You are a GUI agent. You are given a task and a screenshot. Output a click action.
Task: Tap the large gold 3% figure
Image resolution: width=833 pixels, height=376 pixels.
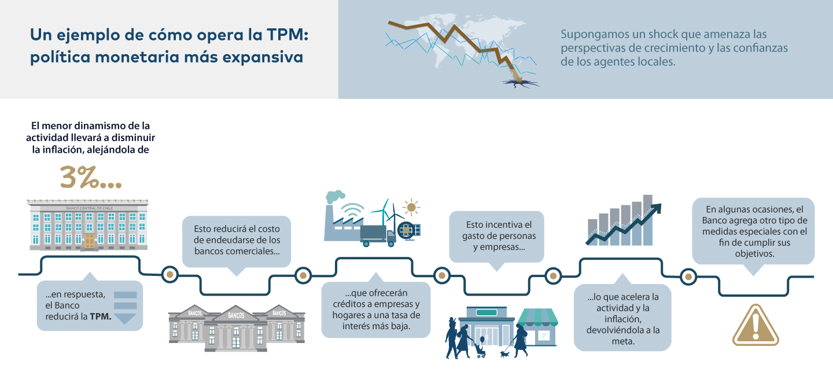click(91, 178)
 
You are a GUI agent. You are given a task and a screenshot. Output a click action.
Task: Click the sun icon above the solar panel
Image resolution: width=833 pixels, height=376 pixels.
click(411, 207)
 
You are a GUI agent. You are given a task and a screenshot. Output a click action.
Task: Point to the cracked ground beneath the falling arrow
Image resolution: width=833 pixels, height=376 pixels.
click(521, 82)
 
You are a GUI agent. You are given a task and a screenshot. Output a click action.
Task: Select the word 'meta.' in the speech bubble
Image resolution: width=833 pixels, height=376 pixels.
click(622, 341)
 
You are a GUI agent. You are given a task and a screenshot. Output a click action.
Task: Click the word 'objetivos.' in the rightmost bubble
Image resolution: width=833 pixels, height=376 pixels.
click(754, 253)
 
